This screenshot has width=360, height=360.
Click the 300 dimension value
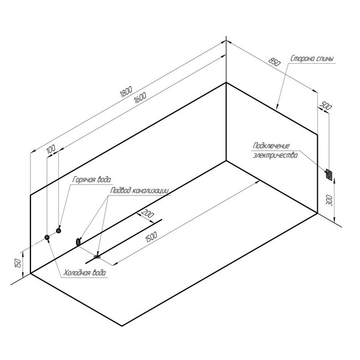(330, 200)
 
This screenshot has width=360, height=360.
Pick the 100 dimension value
(51, 150)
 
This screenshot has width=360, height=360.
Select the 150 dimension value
(18, 263)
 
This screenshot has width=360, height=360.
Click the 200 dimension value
(148, 213)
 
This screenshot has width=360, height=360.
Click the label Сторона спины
(312, 58)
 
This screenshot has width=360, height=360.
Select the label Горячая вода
(91, 180)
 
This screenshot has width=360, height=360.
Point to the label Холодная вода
(85, 273)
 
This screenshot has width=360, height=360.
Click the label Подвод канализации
(139, 190)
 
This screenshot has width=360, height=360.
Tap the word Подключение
(271, 146)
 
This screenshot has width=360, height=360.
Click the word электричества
(275, 156)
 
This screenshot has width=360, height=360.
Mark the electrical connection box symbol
(330, 175)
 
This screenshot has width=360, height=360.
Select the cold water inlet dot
(47, 238)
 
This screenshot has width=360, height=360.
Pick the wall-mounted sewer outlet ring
(78, 241)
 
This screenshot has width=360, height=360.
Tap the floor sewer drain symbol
(97, 256)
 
